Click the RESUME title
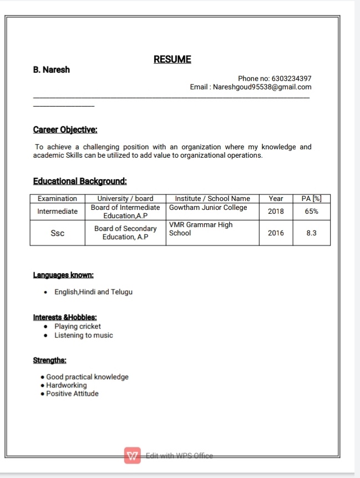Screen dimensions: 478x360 point(172,59)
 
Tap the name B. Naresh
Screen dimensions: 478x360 point(52,70)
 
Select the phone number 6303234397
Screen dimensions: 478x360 point(288,78)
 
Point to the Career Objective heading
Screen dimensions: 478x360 point(65,130)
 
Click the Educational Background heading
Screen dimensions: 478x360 point(80,181)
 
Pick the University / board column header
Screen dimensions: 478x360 point(125,198)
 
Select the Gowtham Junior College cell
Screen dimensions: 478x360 point(208,208)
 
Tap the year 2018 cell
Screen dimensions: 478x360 point(276,212)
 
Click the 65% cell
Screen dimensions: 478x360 point(311,212)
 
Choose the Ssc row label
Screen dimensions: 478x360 point(57,233)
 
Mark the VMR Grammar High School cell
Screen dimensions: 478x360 point(201,229)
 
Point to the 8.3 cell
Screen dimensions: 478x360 point(311,233)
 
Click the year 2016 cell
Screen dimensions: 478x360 point(276,233)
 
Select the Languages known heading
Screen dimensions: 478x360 point(63,275)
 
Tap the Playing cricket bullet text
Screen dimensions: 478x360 point(78,326)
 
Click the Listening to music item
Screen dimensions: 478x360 point(83,335)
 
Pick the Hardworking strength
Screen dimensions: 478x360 point(67,385)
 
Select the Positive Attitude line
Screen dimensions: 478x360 point(72,394)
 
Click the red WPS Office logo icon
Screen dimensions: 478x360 point(133,455)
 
